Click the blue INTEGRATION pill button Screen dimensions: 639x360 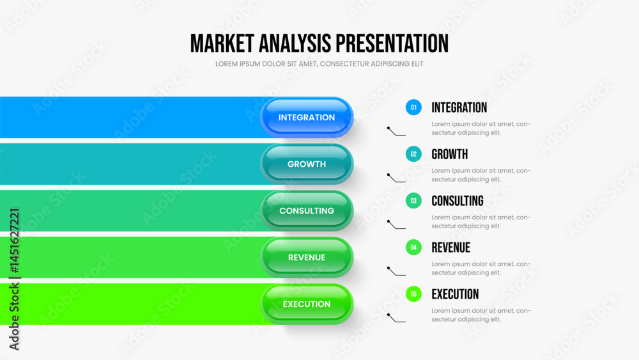coord(307,118)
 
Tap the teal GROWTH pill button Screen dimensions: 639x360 coord(307,164)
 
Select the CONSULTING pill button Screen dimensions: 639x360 coord(307,211)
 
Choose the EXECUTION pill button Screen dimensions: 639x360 coord(307,304)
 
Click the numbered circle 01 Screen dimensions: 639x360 coord(413,107)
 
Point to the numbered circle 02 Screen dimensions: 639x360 coord(413,154)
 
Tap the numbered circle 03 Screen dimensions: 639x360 coord(413,201)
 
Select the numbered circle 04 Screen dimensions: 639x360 coord(413,247)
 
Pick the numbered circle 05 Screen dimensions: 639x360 coord(413,294)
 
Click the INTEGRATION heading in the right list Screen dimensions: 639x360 coord(459,107)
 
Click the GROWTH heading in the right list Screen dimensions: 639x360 coord(449,154)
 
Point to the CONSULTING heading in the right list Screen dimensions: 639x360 coord(458,201)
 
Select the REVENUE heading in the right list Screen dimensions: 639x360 coord(450,247)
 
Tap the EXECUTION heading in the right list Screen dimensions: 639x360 coord(455,294)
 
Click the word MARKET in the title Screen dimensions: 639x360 coord(222,43)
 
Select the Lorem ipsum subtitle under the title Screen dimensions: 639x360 coord(319,64)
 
